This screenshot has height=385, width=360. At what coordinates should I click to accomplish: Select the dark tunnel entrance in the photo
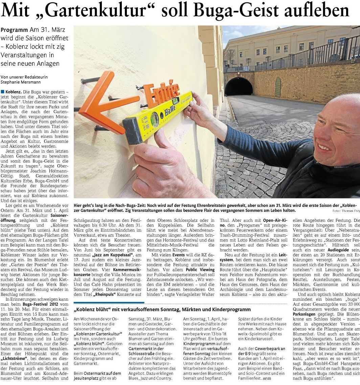(239, 87)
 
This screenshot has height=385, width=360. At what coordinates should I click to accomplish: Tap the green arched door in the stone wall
(278, 87)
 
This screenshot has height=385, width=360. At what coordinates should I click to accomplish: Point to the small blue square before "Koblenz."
(3, 92)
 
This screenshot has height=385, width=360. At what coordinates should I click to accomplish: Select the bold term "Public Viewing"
(200, 269)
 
